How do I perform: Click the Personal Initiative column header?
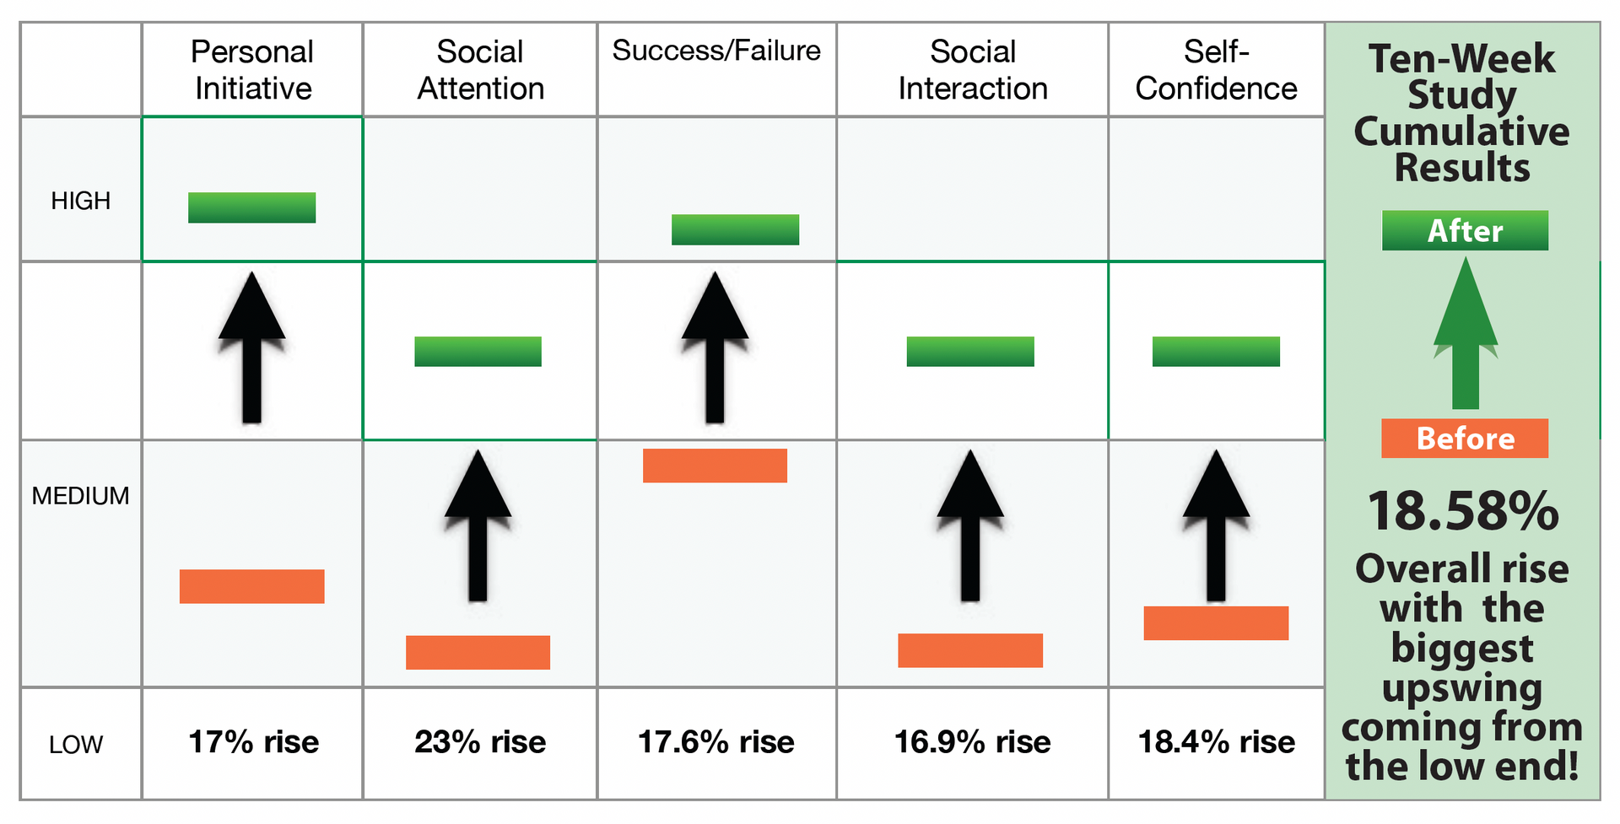point(252,70)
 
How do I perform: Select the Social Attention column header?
point(480,70)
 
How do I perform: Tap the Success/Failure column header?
point(716,51)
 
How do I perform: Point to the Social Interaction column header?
point(973,70)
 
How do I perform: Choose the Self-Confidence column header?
point(1216,70)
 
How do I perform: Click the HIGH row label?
point(81,201)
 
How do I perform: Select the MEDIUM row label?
point(81,496)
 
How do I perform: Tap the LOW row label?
point(76,745)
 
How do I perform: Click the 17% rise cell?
point(253,742)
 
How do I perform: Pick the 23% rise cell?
point(480,742)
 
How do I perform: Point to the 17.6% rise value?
point(716,742)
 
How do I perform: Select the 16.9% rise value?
point(973,742)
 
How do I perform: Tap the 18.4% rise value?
point(1217,742)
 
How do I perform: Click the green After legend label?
point(1465,230)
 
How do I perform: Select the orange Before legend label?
point(1465,439)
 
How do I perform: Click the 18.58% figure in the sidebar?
point(1463,511)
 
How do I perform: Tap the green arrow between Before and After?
point(1466,333)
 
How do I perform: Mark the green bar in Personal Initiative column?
point(251,207)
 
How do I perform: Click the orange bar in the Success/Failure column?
point(715,466)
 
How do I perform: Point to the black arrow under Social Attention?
point(478,525)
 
